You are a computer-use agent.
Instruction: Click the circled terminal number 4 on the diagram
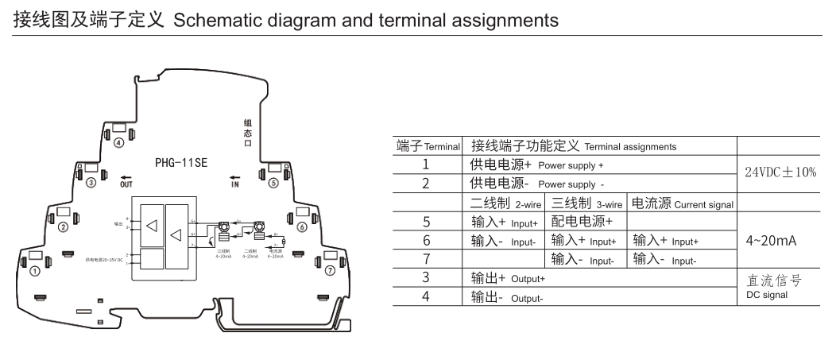118,143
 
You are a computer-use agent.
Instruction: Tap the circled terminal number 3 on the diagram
91,183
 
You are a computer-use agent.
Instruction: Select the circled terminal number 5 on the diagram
273,183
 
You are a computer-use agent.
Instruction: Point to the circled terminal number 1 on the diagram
34,271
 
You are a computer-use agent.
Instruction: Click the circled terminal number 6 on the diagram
302,227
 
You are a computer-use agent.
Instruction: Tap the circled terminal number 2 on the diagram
63,227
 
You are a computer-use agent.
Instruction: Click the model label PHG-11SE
181,163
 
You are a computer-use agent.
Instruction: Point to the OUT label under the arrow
126,184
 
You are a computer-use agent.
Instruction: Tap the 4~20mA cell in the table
773,239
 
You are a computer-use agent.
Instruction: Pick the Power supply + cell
536,165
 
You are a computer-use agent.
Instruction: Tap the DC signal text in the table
767,294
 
